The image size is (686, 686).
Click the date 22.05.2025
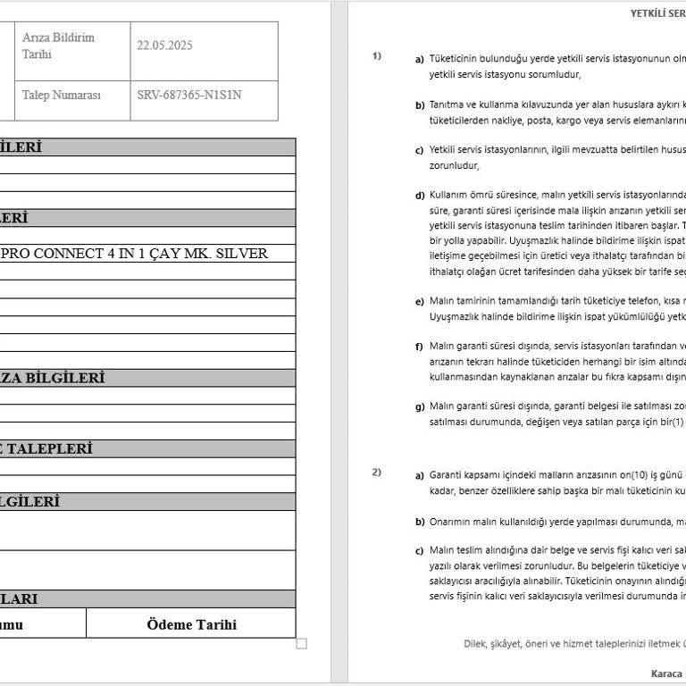(x=165, y=45)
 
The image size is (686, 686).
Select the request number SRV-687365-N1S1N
(x=189, y=94)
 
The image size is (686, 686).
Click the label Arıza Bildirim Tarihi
(x=58, y=46)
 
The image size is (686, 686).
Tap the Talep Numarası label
(x=62, y=94)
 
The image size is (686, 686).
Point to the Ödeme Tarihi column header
(x=191, y=624)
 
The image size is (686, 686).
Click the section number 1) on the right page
(x=377, y=56)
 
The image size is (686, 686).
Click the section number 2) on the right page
(x=377, y=472)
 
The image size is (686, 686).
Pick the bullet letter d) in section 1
(x=419, y=196)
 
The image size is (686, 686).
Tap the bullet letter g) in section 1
(x=419, y=407)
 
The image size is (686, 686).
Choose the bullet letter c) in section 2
(x=419, y=550)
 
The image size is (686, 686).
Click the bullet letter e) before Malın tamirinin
(x=419, y=302)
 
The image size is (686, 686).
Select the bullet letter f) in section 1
(x=419, y=347)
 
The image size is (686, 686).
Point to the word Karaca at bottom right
(x=666, y=673)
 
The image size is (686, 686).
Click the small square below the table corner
(x=301, y=643)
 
